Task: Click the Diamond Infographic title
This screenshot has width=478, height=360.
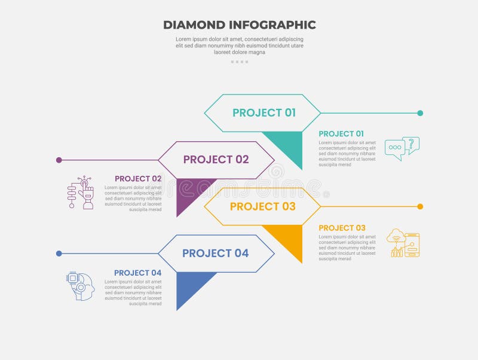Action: pos(239,25)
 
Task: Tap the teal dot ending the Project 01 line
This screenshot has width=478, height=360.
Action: pos(420,113)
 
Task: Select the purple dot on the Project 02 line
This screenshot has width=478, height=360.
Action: pos(59,160)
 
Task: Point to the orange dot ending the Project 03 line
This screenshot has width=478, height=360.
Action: pos(420,206)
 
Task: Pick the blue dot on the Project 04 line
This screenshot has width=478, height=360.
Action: pos(59,254)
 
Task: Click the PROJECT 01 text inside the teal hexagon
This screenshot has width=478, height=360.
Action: pos(264,113)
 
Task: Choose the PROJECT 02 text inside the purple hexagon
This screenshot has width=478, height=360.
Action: pos(216,160)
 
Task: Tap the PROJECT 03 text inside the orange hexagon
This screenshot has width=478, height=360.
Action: pos(262,206)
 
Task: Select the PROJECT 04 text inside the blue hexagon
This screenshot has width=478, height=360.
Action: pos(215,254)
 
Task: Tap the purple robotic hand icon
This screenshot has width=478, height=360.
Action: pos(81,192)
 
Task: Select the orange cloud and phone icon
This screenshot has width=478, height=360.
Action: pos(403,243)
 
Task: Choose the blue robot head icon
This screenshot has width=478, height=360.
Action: pos(81,286)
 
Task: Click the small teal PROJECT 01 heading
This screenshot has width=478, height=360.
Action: pos(341,134)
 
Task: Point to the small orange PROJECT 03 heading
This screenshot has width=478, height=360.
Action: pos(342,228)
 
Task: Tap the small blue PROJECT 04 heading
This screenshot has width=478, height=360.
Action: pos(138,273)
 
